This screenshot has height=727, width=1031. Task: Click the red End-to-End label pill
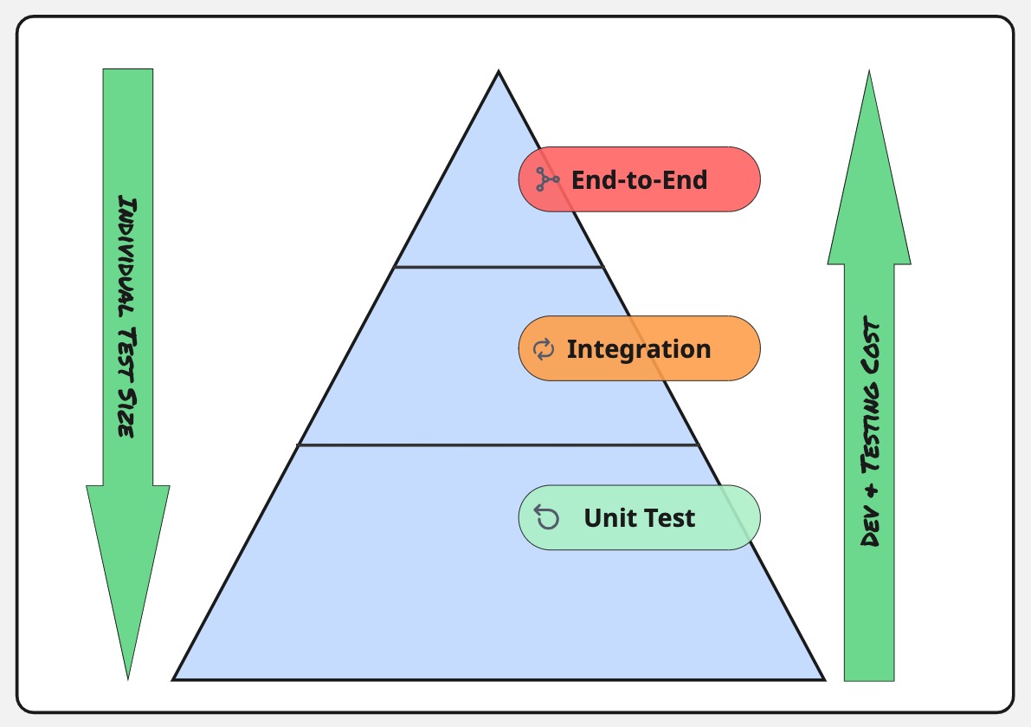(x=639, y=179)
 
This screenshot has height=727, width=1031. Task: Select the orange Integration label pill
(x=639, y=348)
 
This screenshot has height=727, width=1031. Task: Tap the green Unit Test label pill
(x=639, y=517)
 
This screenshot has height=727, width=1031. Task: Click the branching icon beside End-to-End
(x=547, y=179)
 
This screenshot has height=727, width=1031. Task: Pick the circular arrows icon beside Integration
(x=543, y=349)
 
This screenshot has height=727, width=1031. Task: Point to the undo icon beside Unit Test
(x=546, y=517)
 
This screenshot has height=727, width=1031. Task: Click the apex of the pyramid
(x=499, y=74)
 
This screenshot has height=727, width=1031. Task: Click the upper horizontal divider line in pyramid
(x=499, y=267)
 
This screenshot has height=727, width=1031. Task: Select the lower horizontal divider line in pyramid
(x=499, y=445)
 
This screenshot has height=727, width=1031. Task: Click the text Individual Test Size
(x=127, y=316)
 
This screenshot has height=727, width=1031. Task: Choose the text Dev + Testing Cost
(x=871, y=431)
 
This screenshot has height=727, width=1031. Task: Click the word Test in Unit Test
(x=666, y=518)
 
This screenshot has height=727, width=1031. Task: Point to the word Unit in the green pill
(x=606, y=518)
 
